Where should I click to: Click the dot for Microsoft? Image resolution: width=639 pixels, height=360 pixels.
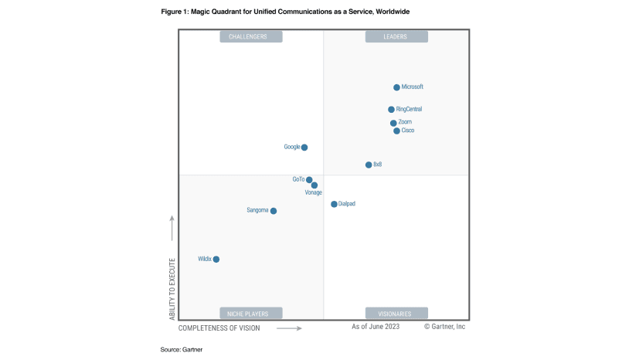(396, 87)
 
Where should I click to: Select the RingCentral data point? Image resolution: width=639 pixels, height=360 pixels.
(391, 110)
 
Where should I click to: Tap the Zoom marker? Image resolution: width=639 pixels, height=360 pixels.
(393, 123)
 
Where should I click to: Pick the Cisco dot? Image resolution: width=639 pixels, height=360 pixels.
(396, 131)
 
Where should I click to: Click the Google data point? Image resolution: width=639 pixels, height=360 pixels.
(304, 147)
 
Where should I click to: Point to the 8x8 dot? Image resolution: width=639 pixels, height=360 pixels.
(369, 165)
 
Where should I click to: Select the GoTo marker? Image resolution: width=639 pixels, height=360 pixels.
(309, 180)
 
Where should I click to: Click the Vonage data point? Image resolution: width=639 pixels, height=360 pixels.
(314, 185)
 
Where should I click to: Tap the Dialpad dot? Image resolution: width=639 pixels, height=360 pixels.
(334, 204)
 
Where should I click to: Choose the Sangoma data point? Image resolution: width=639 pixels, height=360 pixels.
(274, 210)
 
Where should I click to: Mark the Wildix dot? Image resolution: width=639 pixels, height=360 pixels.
(216, 259)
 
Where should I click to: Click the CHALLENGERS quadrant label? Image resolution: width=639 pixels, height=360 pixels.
(251, 36)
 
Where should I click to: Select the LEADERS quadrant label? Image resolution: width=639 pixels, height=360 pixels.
(396, 36)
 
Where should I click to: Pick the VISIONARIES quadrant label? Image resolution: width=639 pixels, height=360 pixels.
(396, 314)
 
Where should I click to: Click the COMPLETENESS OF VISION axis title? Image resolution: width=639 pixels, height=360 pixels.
(219, 328)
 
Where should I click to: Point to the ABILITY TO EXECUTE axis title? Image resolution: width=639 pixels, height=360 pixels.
(172, 289)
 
